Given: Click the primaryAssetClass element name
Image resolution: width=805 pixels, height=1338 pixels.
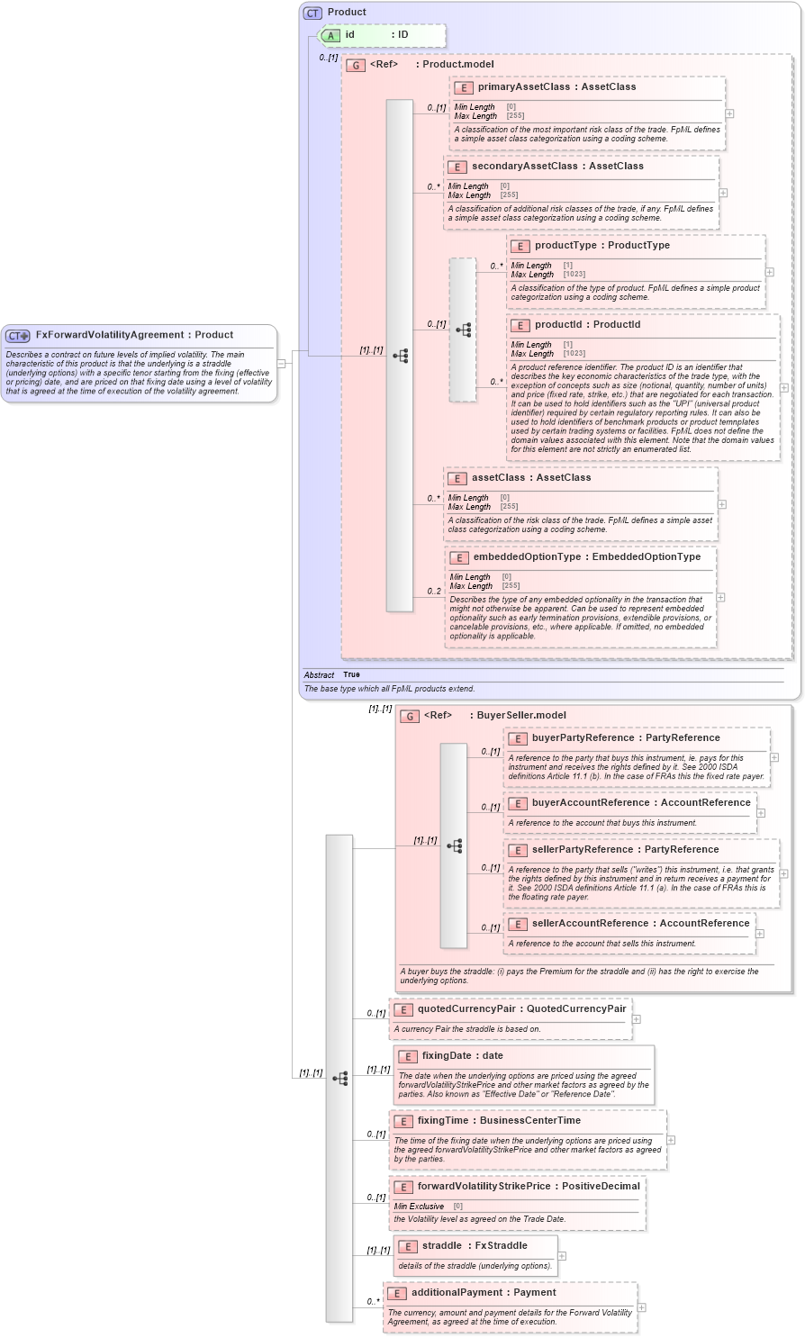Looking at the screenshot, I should (x=523, y=87).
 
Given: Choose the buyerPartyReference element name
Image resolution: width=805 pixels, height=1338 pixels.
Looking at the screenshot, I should (x=583, y=738).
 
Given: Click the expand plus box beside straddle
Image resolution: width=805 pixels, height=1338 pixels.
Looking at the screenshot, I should (x=562, y=1256).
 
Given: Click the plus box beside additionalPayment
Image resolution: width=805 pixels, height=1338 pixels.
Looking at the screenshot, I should (x=641, y=1307).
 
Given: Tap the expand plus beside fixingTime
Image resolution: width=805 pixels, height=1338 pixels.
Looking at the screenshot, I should (x=671, y=1140).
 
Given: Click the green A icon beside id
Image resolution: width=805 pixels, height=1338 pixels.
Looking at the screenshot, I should (x=330, y=36).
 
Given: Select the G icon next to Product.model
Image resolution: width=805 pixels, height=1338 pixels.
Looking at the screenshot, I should (x=356, y=65).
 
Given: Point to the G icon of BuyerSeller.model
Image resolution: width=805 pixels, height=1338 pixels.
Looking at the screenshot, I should (x=410, y=716).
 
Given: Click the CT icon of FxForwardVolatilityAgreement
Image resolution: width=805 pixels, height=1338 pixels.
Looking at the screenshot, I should (x=18, y=336).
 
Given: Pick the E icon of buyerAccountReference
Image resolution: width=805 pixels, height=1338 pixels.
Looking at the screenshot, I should (x=518, y=803).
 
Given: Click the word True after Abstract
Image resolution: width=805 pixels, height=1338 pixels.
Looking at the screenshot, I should (x=351, y=674).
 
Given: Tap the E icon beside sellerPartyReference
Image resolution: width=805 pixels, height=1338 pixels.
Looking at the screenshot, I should (x=518, y=850).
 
